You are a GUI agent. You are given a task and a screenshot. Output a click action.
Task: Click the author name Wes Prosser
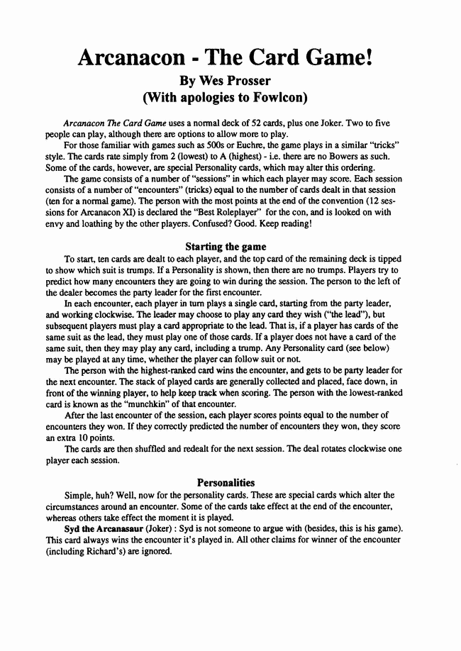click(x=230, y=79)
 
